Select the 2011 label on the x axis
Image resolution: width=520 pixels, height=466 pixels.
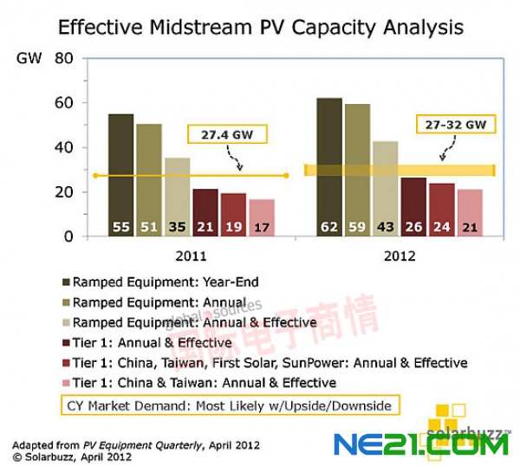click(x=192, y=256)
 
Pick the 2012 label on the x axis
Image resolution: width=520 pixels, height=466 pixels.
click(x=398, y=256)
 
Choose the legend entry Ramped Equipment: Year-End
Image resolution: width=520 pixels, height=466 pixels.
click(x=165, y=282)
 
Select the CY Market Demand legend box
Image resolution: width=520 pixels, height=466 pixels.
click(x=229, y=405)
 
